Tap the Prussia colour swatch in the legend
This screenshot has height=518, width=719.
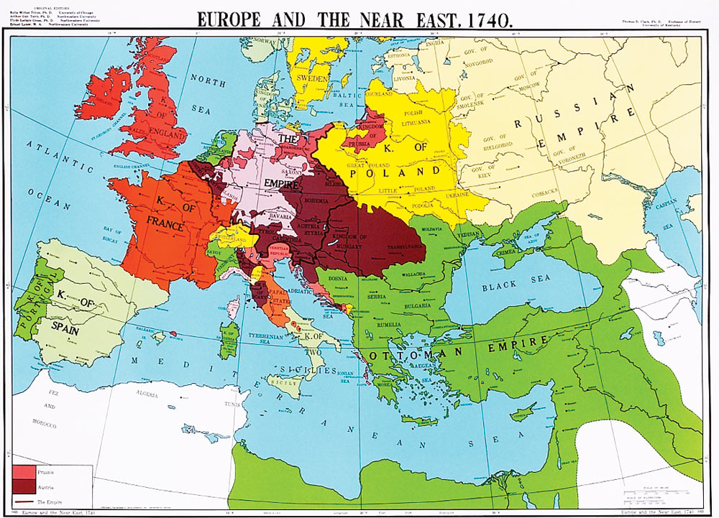(x=24, y=473)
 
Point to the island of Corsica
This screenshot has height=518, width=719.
(x=234, y=302)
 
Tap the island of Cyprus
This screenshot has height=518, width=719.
(x=523, y=411)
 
